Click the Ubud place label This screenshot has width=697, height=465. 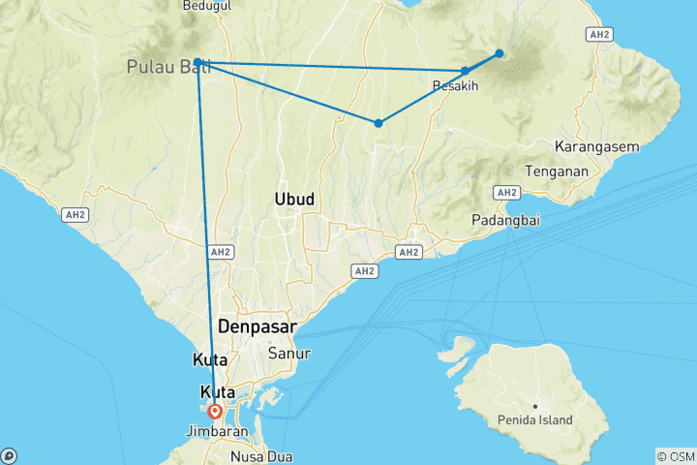[x=294, y=199]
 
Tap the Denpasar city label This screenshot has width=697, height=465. [x=258, y=326]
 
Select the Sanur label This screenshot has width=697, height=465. [x=289, y=353]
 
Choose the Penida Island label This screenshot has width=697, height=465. [x=536, y=420]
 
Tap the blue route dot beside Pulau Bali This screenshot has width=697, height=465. [x=197, y=62]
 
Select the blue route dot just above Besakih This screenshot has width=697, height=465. [x=466, y=71]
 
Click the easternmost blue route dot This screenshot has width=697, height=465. [x=500, y=53]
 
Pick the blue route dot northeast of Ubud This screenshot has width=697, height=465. [x=379, y=123]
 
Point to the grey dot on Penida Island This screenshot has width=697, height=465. [x=534, y=405]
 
